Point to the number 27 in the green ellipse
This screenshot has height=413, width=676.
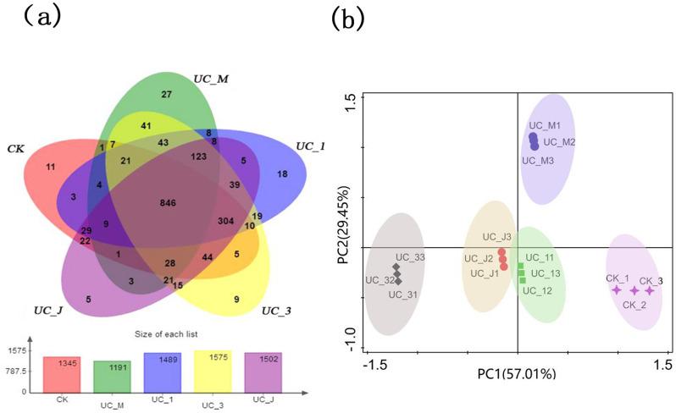(167, 94)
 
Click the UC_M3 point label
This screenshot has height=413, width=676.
(538, 160)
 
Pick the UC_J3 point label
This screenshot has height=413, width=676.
(496, 238)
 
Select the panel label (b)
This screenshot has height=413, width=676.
(352, 17)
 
